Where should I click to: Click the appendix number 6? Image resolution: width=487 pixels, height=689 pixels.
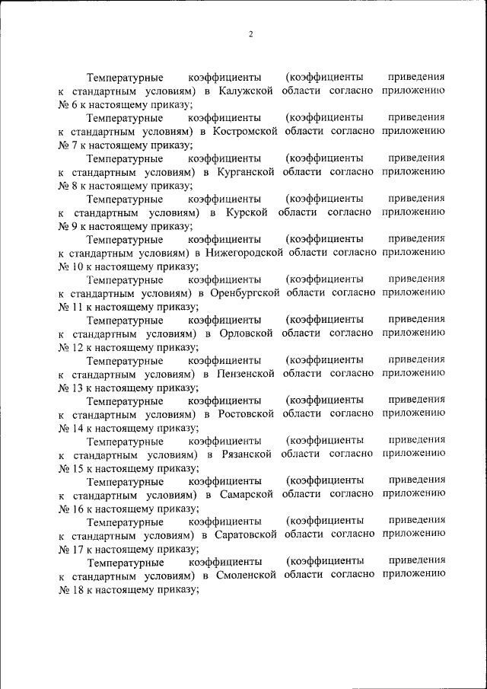point(75,104)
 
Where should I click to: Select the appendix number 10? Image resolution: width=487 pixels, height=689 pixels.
point(78,266)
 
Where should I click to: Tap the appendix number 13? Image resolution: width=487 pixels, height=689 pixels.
point(78,388)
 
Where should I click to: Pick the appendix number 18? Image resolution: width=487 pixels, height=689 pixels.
point(78,589)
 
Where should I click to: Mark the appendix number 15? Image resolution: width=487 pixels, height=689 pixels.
point(78,468)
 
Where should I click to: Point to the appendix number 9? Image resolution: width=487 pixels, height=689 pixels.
point(75,226)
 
